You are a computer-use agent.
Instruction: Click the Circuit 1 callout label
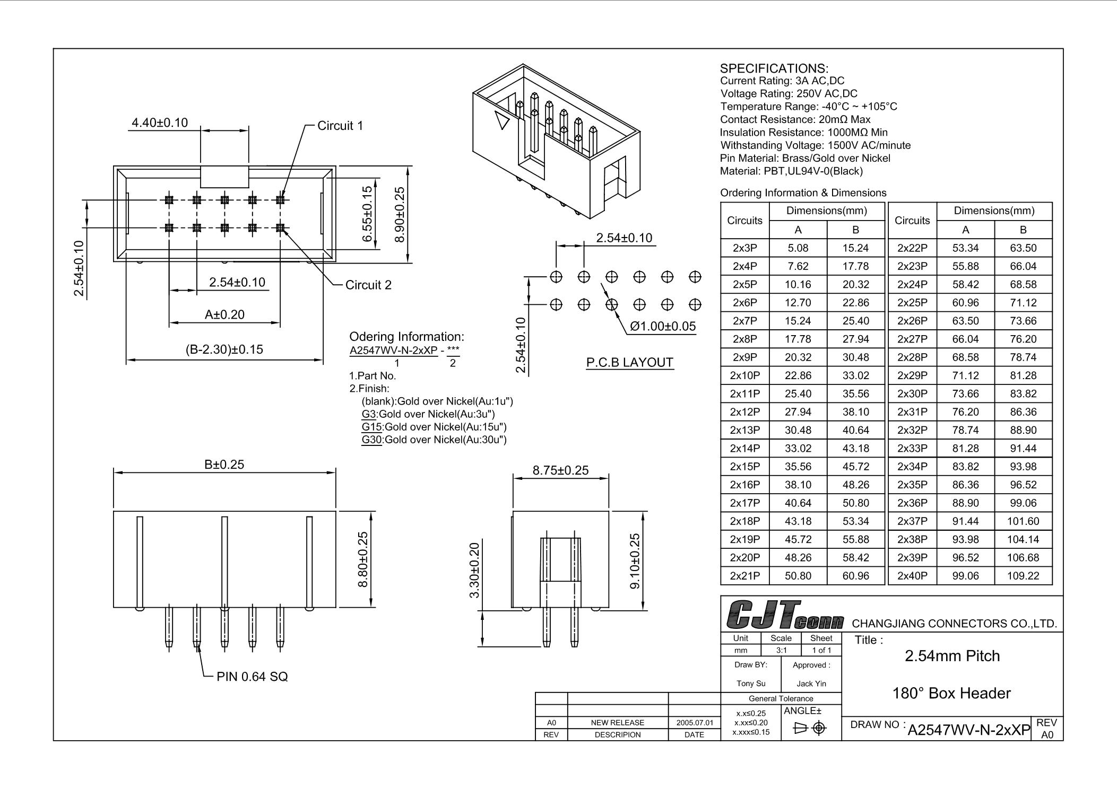[x=340, y=126]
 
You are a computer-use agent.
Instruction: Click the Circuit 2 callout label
[x=368, y=285]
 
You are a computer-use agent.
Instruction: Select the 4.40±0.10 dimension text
[x=160, y=122]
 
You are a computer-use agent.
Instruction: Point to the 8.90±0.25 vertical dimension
[x=400, y=215]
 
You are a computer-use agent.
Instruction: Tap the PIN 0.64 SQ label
[x=252, y=677]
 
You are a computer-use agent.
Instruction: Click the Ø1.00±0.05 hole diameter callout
[x=663, y=326]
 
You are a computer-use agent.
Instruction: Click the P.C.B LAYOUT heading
[x=629, y=362]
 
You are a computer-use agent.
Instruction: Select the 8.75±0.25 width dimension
[x=560, y=470]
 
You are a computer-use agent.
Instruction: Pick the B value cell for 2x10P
[x=855, y=375]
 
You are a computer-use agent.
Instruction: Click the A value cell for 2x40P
[x=965, y=576]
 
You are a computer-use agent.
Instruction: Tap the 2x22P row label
[x=912, y=248]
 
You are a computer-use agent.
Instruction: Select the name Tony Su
[x=751, y=683]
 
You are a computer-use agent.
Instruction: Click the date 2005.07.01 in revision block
[x=694, y=723]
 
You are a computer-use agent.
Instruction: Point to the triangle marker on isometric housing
[x=501, y=120]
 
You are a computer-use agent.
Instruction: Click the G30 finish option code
[x=371, y=440]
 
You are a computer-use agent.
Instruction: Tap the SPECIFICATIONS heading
[x=774, y=68]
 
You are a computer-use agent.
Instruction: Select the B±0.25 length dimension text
[x=224, y=464]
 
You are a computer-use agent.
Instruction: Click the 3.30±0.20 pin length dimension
[x=474, y=570]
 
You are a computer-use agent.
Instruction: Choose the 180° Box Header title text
[x=951, y=693]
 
